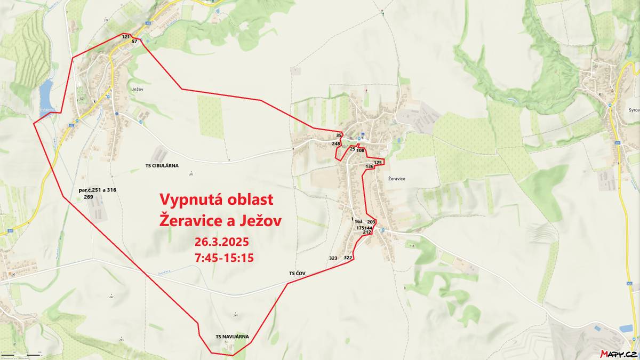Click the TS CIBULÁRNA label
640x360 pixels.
click(162, 166)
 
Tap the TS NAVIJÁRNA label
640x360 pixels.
click(232, 337)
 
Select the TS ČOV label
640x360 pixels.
click(297, 274)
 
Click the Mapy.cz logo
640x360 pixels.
click(618, 354)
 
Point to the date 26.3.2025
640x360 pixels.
click(222, 243)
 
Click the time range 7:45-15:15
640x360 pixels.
click(224, 258)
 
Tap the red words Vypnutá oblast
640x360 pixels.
click(217, 200)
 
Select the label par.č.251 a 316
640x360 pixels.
click(97, 190)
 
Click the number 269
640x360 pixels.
click(89, 197)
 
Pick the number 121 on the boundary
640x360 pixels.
click(126, 36)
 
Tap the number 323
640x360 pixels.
click(333, 258)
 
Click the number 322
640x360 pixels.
click(348, 258)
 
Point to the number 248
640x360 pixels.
click(336, 143)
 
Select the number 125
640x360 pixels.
click(378, 162)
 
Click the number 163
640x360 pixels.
click(358, 221)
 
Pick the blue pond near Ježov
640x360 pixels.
click(46, 93)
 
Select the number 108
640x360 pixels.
click(361, 150)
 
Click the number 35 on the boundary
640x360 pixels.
click(339, 135)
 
